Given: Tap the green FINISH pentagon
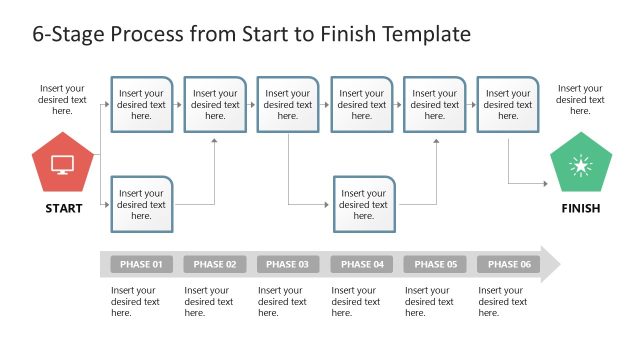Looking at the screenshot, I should coord(580,167).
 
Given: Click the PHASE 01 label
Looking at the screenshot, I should coord(141,265).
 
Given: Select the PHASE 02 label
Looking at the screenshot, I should coord(215,265).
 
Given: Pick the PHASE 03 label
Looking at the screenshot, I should coord(288,265).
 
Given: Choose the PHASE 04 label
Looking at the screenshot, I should coord(362,265).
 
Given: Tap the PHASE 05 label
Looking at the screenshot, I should coord(435,265).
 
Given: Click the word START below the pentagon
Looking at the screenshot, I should coord(62,209).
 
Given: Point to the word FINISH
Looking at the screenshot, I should coord(580,209).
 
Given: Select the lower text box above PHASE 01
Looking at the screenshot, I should coord(141,204).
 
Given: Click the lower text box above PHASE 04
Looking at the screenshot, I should coord(364,204).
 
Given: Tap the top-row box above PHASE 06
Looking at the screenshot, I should coord(508,104).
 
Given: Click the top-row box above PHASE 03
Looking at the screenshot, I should coord(288,104).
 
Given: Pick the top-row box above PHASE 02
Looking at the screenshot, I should coord(215,104).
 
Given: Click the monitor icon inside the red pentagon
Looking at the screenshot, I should coord(62,165).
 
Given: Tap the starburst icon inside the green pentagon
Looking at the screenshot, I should coord(580,167).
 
